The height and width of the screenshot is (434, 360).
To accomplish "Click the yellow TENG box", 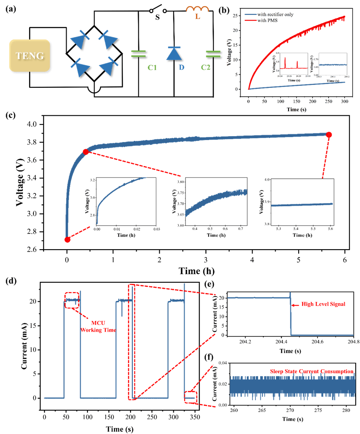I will (x=30, y=56).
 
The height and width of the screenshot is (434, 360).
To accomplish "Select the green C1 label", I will (x=139, y=67).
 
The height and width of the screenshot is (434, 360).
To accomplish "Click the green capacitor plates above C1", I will (x=139, y=54).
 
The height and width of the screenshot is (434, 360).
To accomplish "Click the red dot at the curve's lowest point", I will (x=67, y=240).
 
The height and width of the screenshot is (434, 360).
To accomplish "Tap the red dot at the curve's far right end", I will (x=329, y=135).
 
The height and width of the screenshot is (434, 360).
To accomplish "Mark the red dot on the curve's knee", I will (x=86, y=151).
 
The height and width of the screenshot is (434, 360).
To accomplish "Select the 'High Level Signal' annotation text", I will (x=323, y=304).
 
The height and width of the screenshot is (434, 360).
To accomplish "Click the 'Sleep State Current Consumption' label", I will (x=311, y=371).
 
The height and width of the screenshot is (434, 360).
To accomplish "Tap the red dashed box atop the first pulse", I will (x=72, y=300).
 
